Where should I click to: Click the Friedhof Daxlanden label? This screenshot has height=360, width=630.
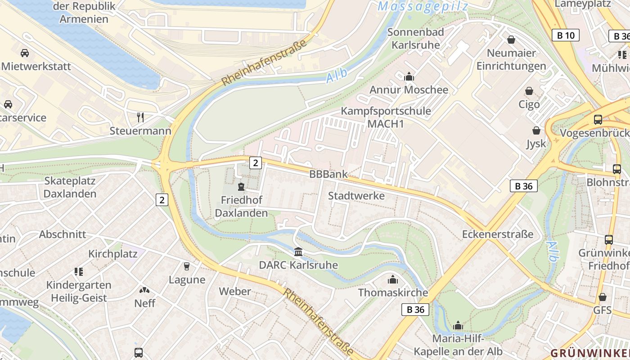click(241, 207)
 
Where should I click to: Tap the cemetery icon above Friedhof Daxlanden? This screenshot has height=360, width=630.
click(241, 187)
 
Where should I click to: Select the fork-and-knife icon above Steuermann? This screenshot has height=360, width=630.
click(140, 117)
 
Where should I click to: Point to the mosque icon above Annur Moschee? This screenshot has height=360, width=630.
click(409, 76)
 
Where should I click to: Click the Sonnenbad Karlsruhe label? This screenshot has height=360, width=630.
click(415, 38)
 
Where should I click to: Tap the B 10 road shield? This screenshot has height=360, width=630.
click(566, 35)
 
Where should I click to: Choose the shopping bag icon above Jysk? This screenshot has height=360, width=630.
click(536, 130)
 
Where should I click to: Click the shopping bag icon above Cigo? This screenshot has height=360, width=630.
click(529, 91)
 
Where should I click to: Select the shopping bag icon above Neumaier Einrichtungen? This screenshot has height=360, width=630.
click(511, 40)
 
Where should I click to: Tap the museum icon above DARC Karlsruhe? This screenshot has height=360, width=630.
click(298, 252)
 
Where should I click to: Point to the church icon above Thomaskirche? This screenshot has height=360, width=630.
click(393, 279)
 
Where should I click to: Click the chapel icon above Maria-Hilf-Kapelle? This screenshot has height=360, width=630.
click(458, 325)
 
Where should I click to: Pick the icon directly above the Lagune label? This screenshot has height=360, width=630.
click(187, 266)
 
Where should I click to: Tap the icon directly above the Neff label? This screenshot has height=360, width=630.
click(144, 290)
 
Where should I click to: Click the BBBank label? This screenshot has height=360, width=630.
click(328, 174)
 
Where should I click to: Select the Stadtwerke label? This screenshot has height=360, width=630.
click(356, 196)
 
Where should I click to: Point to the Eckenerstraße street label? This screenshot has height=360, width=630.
click(498, 234)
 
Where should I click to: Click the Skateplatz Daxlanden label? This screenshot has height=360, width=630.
click(70, 187)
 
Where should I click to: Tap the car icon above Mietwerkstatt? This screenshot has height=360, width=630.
click(25, 53)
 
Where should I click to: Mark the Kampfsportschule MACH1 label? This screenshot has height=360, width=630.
click(386, 117)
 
